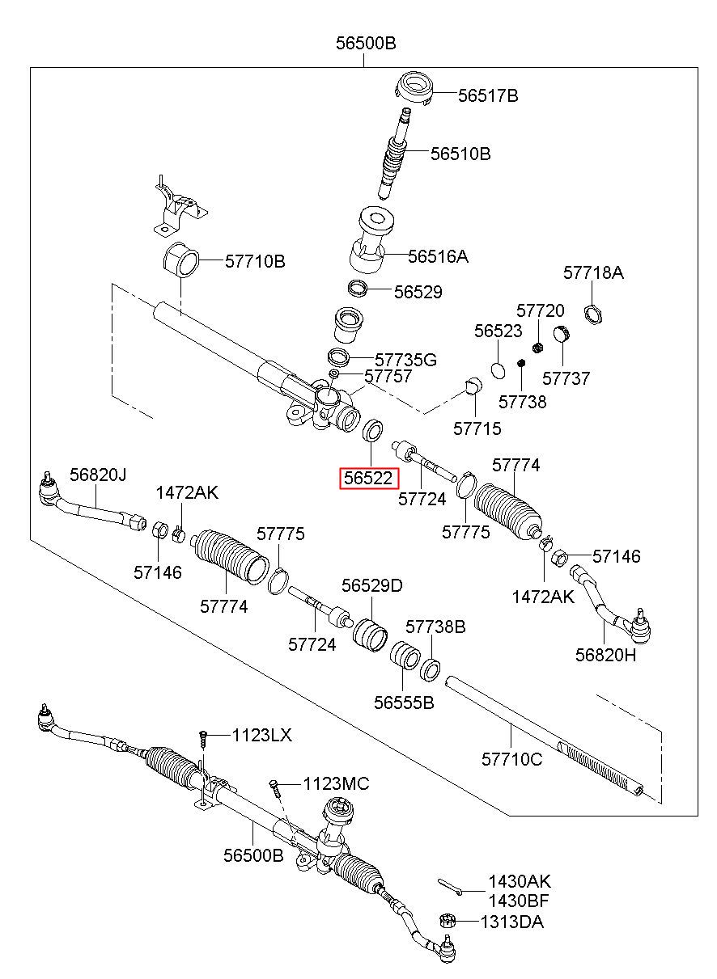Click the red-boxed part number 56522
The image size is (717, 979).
[369, 478]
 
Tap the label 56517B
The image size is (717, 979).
[488, 95]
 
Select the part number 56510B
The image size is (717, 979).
[460, 154]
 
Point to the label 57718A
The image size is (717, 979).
[592, 272]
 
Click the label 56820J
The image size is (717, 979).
[98, 475]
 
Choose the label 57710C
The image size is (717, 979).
[511, 759]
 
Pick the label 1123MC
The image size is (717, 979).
[336, 783]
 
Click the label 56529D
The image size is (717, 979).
[371, 585]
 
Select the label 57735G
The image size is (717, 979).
[405, 360]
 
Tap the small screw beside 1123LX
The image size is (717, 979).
[203, 739]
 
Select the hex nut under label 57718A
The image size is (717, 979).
[593, 314]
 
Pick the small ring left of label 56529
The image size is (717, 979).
[356, 289]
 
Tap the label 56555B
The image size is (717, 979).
[404, 703]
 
